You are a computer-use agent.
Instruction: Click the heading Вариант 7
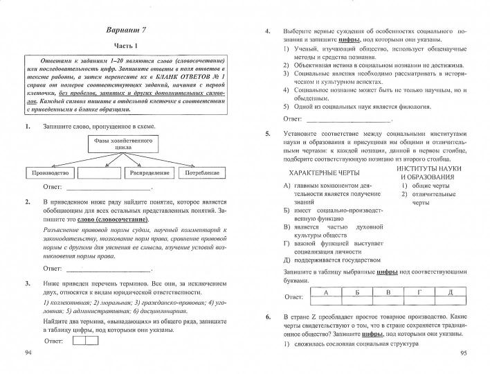(x=127, y=32)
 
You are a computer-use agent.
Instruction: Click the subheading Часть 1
(x=127, y=46)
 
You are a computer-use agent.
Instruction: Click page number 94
(x=28, y=353)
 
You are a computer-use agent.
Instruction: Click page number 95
(x=464, y=353)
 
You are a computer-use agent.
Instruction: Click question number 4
(x=268, y=32)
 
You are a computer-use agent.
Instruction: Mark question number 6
(x=268, y=317)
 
